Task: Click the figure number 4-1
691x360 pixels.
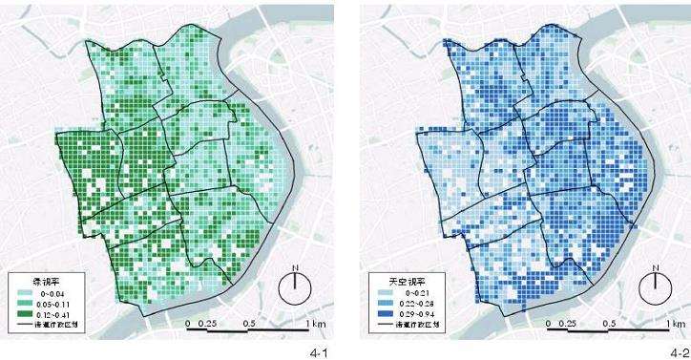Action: tap(320, 353)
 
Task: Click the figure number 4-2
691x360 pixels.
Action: tap(679, 353)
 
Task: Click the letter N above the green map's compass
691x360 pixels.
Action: tap(295, 268)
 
